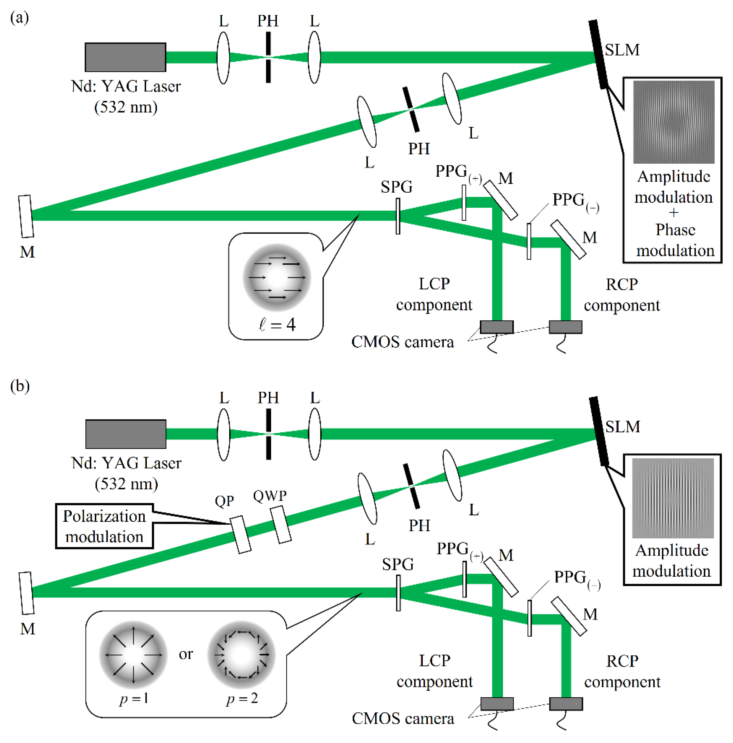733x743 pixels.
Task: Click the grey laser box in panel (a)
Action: pyautogui.click(x=125, y=57)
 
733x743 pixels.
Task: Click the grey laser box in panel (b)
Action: pyautogui.click(x=125, y=434)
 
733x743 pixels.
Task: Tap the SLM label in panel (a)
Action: pyautogui.click(x=622, y=50)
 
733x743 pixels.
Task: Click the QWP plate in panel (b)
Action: pyautogui.click(x=281, y=525)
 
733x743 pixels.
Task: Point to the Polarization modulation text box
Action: pyautogui.click(x=104, y=526)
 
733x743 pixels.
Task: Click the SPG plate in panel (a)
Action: pyautogui.click(x=398, y=216)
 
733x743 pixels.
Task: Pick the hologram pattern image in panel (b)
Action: pyautogui.click(x=672, y=498)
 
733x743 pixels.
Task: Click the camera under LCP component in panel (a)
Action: pyautogui.click(x=496, y=327)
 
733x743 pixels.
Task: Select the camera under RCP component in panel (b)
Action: pyautogui.click(x=566, y=704)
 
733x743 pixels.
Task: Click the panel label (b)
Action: pyautogui.click(x=20, y=386)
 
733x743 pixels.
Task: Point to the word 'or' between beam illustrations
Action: pyautogui.click(x=186, y=654)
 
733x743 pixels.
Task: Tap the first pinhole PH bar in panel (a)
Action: pyautogui.click(x=268, y=57)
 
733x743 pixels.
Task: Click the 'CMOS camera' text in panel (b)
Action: pyautogui.click(x=402, y=718)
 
